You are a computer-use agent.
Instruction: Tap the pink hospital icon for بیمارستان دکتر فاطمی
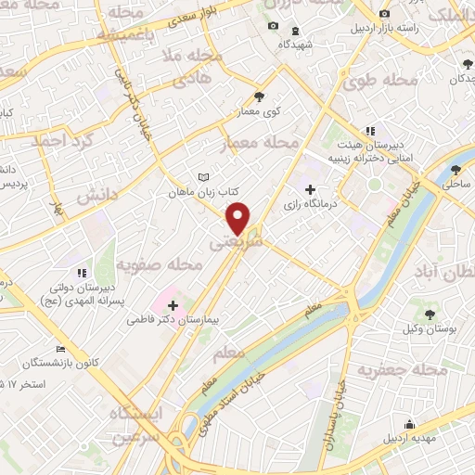[x=173, y=304]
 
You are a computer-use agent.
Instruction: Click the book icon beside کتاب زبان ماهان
[x=205, y=177]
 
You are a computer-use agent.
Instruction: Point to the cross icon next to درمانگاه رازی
[x=310, y=189]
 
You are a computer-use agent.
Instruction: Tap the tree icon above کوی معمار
[x=259, y=96]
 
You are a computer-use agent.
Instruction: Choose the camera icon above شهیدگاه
[x=273, y=25]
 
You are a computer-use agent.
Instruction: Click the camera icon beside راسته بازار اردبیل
[x=385, y=14]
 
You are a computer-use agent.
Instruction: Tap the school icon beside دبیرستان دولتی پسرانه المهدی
[x=82, y=273]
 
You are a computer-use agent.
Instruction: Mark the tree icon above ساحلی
[x=456, y=169]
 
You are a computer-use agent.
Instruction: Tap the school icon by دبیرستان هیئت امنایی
[x=370, y=131]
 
